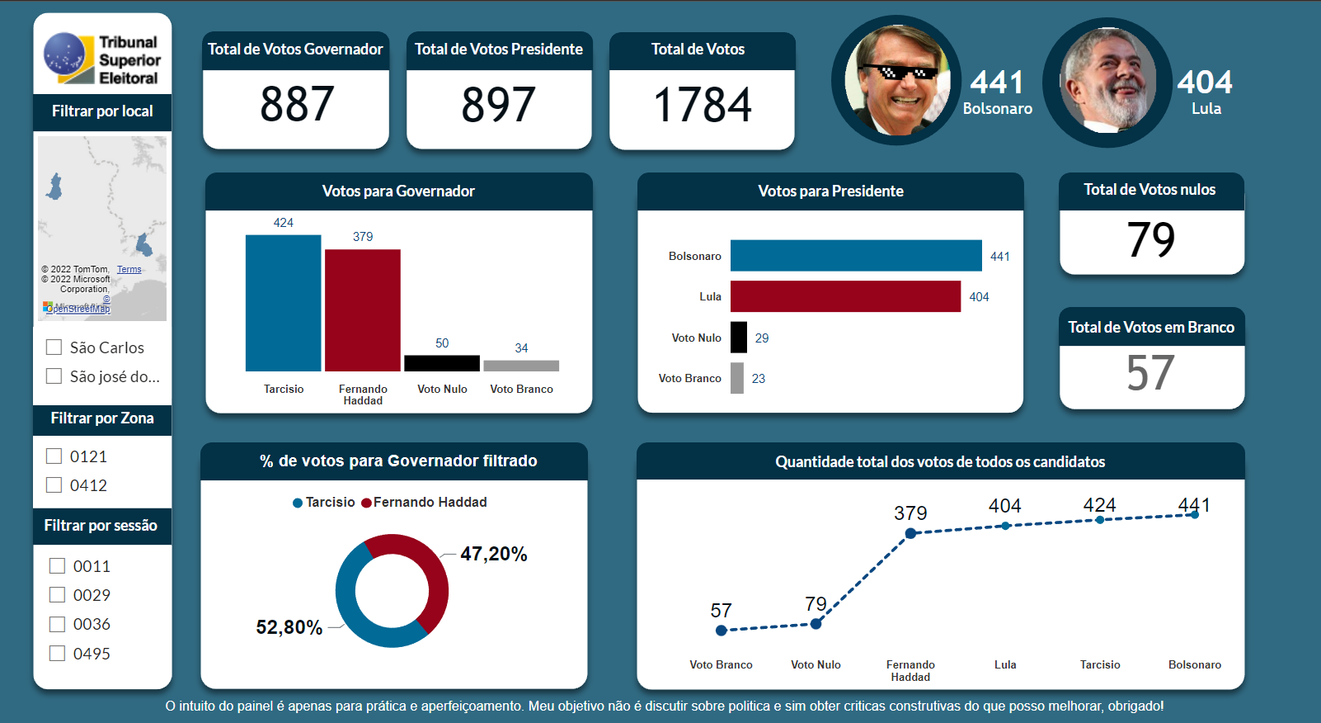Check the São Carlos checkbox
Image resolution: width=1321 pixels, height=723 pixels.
click(54, 347)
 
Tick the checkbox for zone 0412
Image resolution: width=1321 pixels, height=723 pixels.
click(54, 485)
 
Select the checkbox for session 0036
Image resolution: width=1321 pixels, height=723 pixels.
click(58, 624)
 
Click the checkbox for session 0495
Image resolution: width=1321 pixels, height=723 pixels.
click(58, 654)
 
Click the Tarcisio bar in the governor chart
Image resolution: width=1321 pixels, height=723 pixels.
click(283, 303)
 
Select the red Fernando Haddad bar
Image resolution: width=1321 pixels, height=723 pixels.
click(363, 310)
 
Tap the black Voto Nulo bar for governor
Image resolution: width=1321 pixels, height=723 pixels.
click(442, 363)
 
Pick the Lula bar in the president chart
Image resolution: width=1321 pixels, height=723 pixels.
click(845, 296)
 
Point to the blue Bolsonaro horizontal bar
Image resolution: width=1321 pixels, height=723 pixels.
click(856, 256)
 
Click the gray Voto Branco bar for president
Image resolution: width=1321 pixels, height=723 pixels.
click(737, 378)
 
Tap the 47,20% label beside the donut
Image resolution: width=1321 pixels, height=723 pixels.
click(493, 554)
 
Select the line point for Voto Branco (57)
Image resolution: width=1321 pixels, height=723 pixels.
click(722, 631)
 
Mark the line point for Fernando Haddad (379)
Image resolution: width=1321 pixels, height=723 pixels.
click(910, 533)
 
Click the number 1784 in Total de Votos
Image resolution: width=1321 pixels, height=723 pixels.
click(703, 106)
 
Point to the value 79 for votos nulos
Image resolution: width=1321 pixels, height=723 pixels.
click(1151, 240)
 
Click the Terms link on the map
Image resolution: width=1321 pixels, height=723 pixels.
click(129, 270)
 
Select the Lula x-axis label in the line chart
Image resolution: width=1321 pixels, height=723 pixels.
click(1005, 664)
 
